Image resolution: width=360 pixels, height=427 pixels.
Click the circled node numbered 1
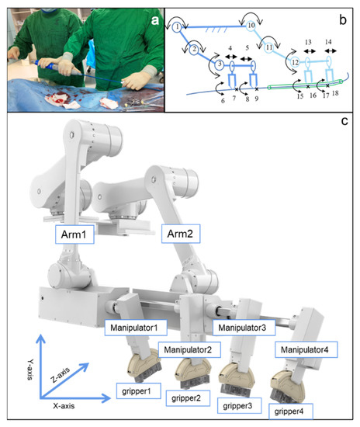click(x=178, y=27)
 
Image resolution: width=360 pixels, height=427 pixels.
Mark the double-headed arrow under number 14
click(x=327, y=56)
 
